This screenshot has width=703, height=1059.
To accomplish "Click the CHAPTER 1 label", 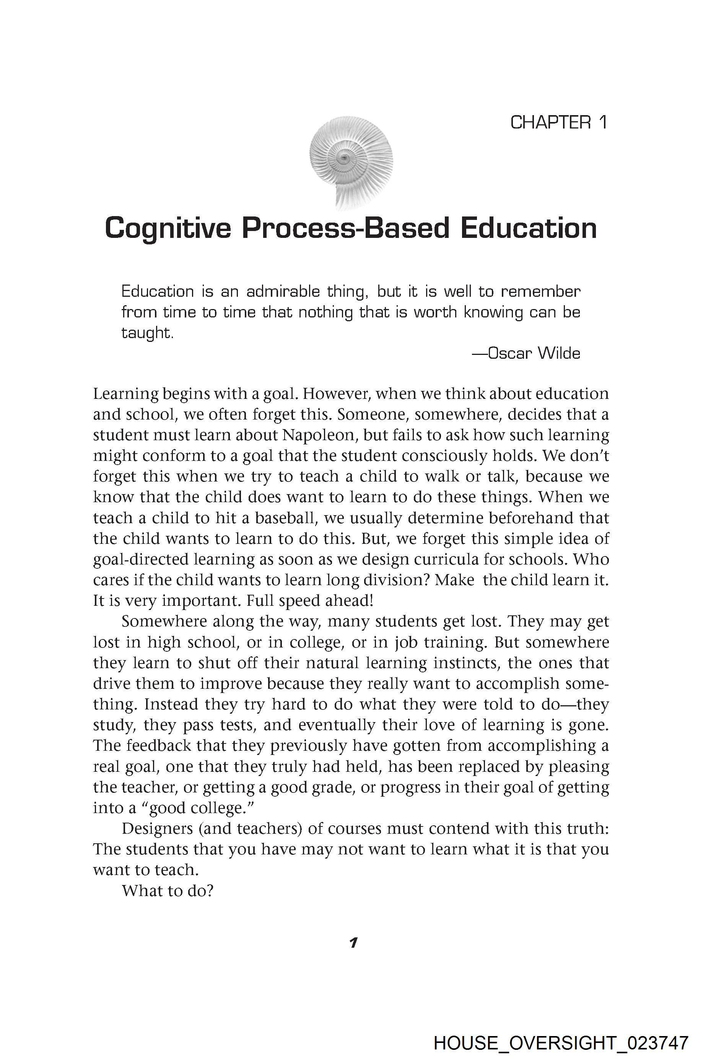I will (559, 122).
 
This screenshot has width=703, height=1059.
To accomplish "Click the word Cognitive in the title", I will (168, 228).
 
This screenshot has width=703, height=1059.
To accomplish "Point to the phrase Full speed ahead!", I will (310, 601).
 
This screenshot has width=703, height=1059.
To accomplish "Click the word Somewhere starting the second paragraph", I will (164, 621).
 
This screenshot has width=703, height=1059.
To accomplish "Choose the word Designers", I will (157, 828).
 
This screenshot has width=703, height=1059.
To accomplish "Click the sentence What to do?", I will (167, 890).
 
